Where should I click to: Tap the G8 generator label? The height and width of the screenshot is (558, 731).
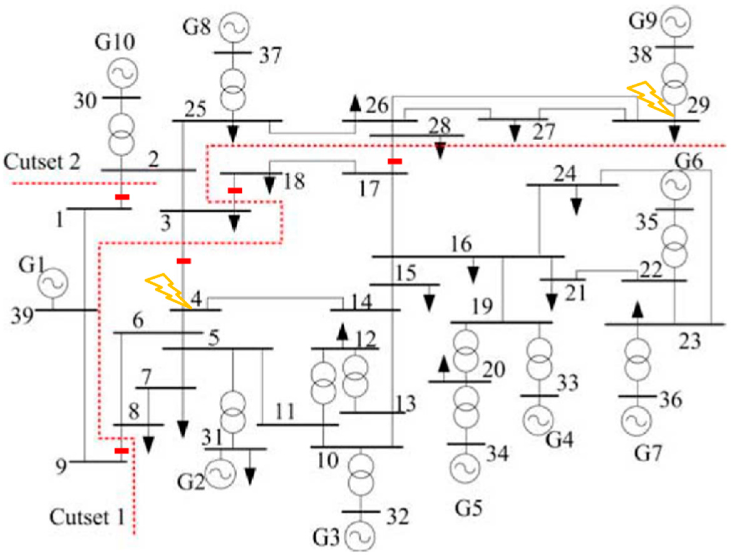(x=197, y=27)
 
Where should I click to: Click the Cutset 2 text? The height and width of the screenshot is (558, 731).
(x=42, y=162)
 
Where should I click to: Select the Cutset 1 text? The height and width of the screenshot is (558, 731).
(x=87, y=517)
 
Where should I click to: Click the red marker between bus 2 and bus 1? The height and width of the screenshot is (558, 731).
(x=122, y=197)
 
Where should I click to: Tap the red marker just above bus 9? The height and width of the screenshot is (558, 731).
(x=121, y=451)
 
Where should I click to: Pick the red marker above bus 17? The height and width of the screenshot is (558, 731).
(x=395, y=162)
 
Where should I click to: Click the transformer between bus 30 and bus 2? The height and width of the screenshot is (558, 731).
(x=122, y=134)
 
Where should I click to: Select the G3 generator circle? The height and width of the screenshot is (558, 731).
(x=359, y=536)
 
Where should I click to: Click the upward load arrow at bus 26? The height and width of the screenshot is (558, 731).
(x=356, y=104)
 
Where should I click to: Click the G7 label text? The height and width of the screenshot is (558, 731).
(x=648, y=453)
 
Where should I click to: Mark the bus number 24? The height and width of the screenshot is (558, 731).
(x=565, y=173)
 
